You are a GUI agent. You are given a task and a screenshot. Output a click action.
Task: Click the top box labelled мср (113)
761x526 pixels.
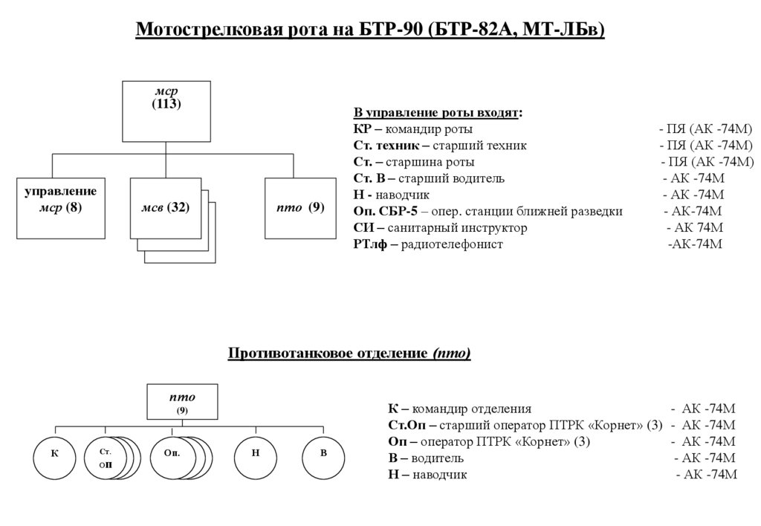(166, 111)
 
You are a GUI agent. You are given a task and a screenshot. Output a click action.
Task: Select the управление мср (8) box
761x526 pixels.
(60, 207)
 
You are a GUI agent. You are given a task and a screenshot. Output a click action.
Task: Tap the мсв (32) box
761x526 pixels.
(165, 207)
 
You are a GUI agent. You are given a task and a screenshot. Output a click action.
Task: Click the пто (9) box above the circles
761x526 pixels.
(182, 402)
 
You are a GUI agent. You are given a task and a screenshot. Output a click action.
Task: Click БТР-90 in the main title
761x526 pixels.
(392, 30)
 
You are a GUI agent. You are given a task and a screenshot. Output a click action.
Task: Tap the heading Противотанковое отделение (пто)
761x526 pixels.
(349, 353)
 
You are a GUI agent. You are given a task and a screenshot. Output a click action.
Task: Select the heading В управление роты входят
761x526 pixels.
(437, 113)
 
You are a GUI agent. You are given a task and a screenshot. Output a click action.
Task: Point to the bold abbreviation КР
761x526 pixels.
(362, 129)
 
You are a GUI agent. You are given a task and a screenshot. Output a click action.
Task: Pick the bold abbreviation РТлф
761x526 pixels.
(369, 244)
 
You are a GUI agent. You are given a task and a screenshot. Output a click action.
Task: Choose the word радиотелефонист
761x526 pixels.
(452, 244)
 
